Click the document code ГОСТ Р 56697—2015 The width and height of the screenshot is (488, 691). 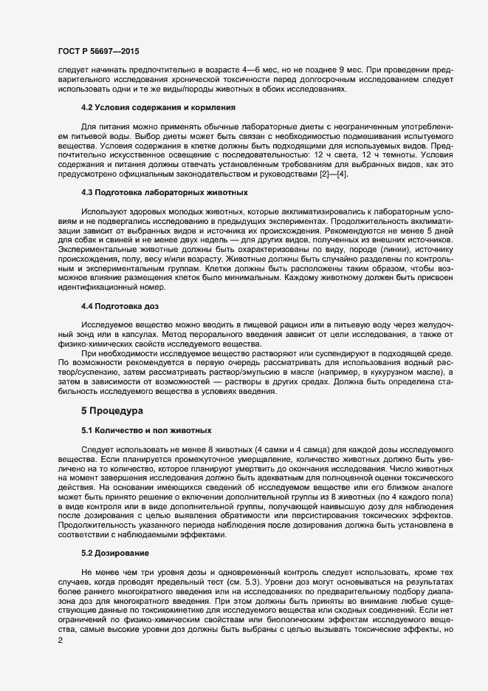point(97,52)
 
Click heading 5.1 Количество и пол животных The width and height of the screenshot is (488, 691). point(147,429)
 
